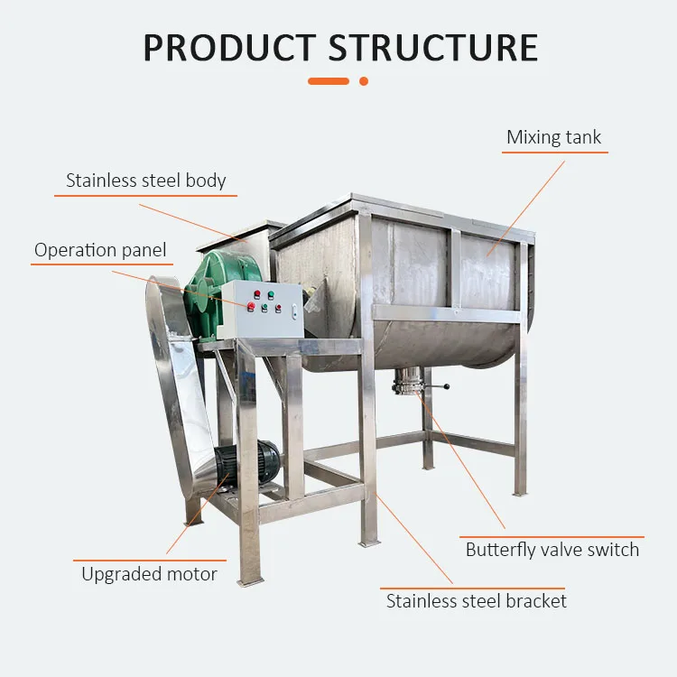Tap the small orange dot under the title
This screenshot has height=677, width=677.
[364, 81]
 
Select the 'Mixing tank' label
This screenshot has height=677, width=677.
[553, 137]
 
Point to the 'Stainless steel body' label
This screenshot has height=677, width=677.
[146, 181]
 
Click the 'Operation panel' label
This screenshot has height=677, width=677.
[100, 250]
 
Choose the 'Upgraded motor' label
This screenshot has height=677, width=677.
[149, 573]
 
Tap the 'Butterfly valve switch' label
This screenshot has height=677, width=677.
[552, 549]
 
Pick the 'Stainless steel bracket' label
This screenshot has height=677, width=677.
[477, 600]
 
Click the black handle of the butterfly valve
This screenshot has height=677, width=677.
[440, 388]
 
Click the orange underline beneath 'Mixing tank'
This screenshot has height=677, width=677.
[554, 152]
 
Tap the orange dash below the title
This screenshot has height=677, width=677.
[329, 81]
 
